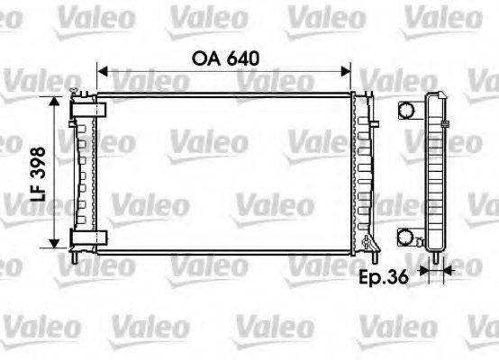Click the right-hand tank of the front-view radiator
coord(364,171)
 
